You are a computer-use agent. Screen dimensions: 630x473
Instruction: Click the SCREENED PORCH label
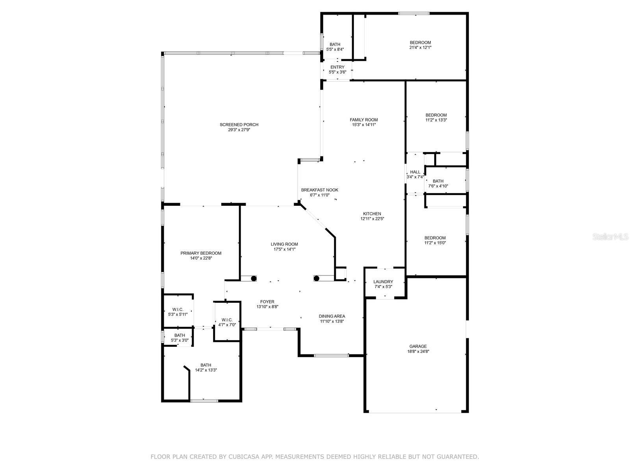(x=239, y=125)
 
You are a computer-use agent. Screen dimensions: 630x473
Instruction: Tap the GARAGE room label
(x=418, y=346)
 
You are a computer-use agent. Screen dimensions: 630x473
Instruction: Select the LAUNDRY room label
(x=383, y=282)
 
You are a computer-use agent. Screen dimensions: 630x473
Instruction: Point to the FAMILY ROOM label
(x=364, y=120)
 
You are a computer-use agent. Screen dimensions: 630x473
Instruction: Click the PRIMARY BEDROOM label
(x=201, y=253)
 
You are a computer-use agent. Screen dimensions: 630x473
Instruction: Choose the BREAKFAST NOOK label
(x=319, y=190)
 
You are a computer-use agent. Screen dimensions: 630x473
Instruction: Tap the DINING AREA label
(x=332, y=316)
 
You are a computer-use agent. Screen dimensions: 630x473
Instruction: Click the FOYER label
(x=267, y=302)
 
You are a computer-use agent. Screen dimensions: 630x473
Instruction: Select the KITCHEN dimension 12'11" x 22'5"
(x=372, y=218)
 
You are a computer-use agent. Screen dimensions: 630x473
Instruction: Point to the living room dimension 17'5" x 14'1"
(x=284, y=249)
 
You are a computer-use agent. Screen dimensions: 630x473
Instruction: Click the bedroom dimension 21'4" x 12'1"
(x=420, y=47)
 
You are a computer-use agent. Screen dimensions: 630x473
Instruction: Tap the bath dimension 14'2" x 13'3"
(x=206, y=370)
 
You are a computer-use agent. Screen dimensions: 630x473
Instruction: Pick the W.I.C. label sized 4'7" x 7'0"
(x=227, y=320)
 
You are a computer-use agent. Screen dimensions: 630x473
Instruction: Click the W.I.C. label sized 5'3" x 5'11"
(x=178, y=309)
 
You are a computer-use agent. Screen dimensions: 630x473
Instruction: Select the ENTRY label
(x=337, y=67)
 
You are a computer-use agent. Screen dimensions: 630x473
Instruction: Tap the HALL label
(x=415, y=172)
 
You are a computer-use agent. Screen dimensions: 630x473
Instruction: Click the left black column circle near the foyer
(x=254, y=278)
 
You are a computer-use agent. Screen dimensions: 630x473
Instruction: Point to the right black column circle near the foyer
(x=316, y=278)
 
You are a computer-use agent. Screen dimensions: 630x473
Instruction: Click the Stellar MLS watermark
(x=610, y=237)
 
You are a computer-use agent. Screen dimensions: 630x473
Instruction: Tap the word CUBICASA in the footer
(x=241, y=456)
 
